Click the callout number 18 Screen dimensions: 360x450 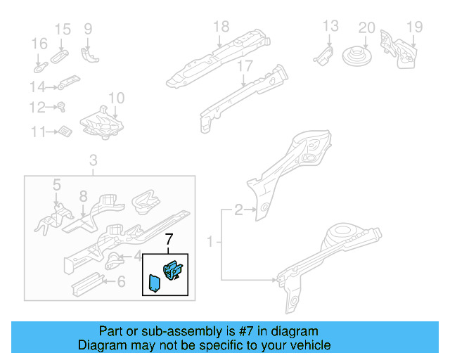pyautogui.click(x=221, y=27)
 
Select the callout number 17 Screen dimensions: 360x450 pyautogui.click(x=244, y=66)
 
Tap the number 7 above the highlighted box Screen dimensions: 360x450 pyautogui.click(x=168, y=241)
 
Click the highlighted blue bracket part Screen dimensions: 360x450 pyautogui.click(x=172, y=269)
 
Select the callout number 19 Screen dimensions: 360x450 pyautogui.click(x=414, y=27)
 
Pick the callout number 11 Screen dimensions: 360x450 pyautogui.click(x=37, y=131)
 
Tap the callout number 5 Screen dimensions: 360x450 pyautogui.click(x=58, y=186)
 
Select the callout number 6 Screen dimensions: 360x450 pyautogui.click(x=120, y=282)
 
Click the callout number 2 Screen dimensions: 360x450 pyautogui.click(x=238, y=209)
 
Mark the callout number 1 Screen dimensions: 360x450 pyautogui.click(x=210, y=243)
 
